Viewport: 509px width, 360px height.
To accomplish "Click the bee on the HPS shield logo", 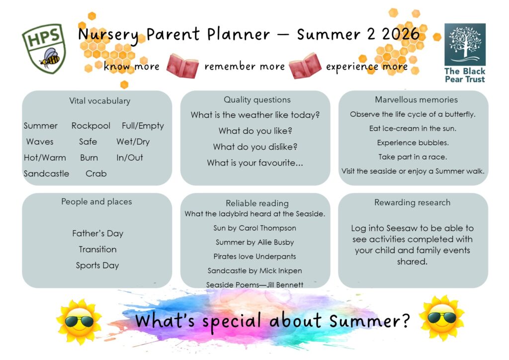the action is click(x=50, y=58).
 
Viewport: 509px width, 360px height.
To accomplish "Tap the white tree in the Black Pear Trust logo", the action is click(x=465, y=43).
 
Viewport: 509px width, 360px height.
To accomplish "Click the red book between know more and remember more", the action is click(x=182, y=66).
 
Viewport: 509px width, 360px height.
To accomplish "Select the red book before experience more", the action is click(x=305, y=66).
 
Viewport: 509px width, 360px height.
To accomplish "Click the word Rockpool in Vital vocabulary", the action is click(x=91, y=126).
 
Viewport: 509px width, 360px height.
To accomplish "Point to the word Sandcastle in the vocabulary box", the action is click(x=46, y=174).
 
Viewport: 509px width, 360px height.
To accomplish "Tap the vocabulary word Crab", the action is click(x=96, y=174).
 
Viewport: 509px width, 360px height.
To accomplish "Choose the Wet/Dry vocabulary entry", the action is click(x=133, y=142).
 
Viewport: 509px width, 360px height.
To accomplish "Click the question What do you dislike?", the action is click(x=255, y=147).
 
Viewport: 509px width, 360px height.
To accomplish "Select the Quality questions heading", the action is click(x=257, y=99).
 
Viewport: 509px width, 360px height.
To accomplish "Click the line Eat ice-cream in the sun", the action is click(x=413, y=129).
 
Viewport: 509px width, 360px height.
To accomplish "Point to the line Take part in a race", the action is click(x=413, y=157).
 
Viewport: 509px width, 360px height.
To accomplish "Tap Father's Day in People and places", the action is click(x=98, y=233).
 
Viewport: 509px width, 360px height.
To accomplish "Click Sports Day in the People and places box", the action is click(x=97, y=266).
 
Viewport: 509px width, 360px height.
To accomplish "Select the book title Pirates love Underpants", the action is click(x=255, y=257).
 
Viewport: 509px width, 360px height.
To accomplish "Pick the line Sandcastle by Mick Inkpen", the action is click(x=255, y=270).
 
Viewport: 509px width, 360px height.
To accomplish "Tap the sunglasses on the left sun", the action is click(x=79, y=322).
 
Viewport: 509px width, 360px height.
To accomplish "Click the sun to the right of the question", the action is click(x=441, y=318).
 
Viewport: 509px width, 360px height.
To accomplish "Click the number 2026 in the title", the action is click(x=401, y=34).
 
